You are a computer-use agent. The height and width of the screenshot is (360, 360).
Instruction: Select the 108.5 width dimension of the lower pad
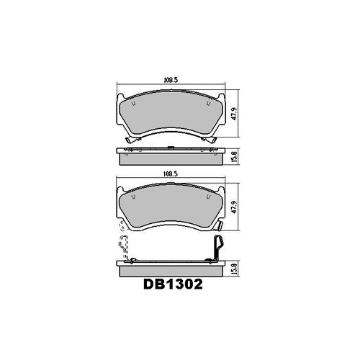tap(169, 174)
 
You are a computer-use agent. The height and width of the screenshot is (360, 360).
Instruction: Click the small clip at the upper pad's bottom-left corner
tap(127, 140)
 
